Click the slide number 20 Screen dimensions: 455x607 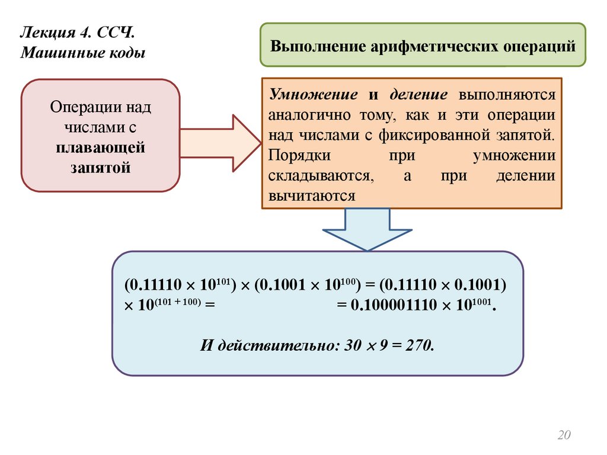point(563,435)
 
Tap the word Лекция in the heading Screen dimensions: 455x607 point(45,31)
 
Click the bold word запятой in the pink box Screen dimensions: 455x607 point(100,167)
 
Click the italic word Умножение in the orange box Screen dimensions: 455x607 point(312,95)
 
